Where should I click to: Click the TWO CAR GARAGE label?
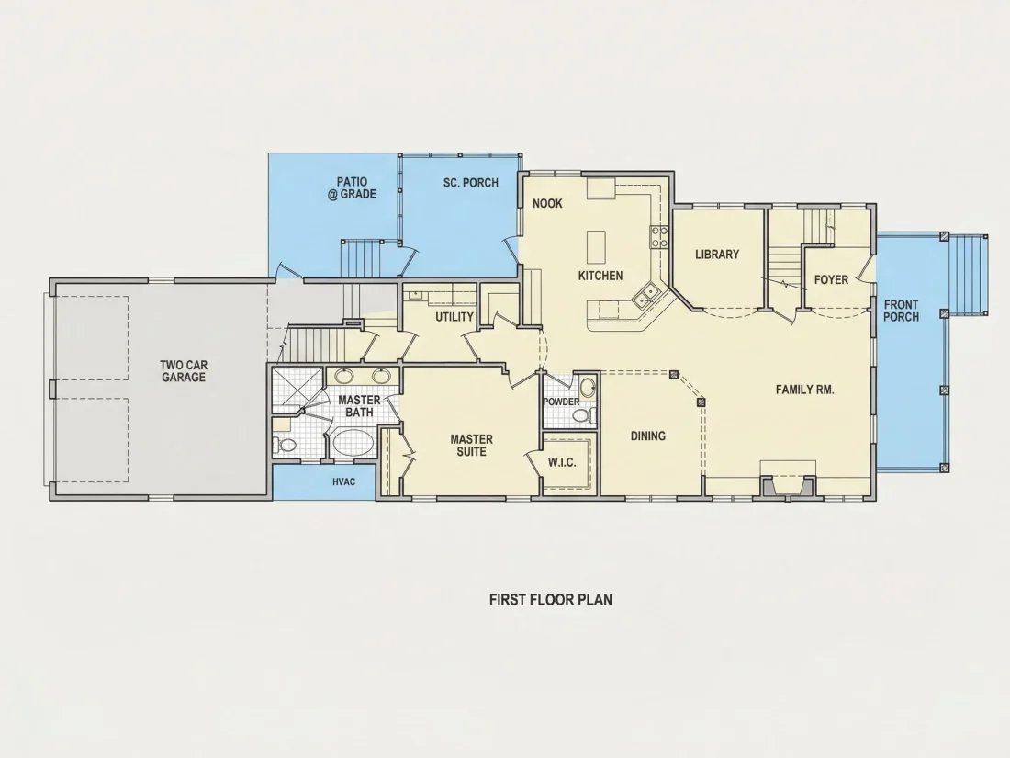coord(184,371)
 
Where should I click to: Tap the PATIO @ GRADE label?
coord(352,187)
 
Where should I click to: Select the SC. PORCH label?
coord(471,183)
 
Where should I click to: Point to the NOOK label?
coord(547,204)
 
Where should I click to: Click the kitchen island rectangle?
coord(597,247)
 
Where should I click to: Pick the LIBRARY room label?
coord(717,254)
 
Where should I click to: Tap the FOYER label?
coord(831,279)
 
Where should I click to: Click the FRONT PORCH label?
coord(901,311)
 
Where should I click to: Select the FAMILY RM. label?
coord(804,390)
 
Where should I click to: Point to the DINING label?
coord(648,436)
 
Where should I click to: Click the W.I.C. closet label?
coord(562,463)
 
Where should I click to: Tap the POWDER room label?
coord(561,402)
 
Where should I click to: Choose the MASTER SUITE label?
coord(472,446)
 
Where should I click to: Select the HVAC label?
coord(344,481)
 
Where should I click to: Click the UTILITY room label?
coord(454,317)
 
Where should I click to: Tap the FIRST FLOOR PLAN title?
coord(551,600)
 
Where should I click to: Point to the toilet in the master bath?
coord(285,445)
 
